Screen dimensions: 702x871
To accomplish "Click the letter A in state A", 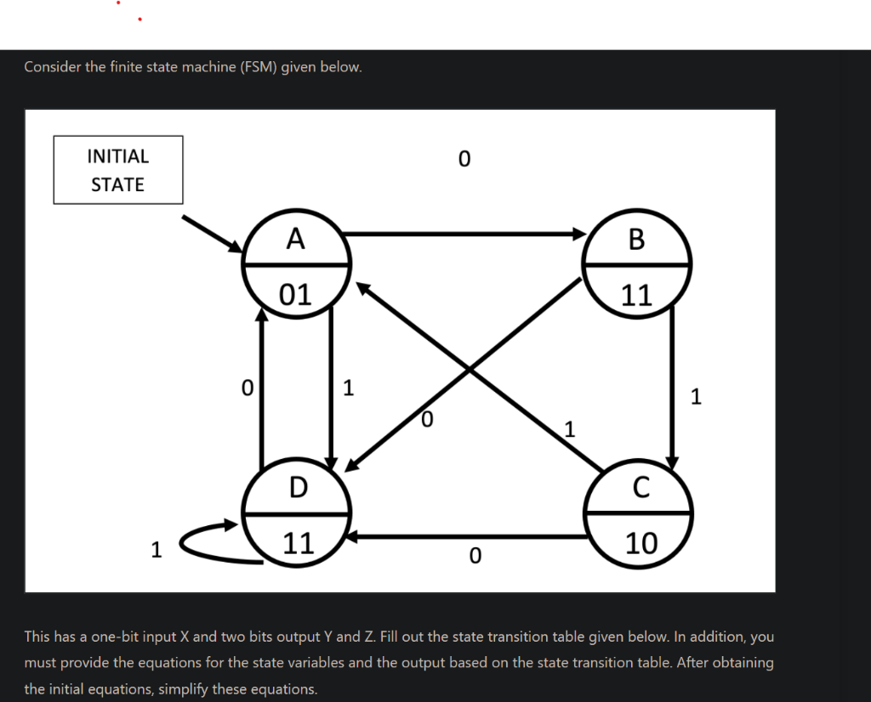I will [x=295, y=239].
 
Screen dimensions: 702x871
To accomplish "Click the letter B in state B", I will [x=636, y=240].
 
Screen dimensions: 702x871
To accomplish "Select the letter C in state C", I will [x=640, y=488].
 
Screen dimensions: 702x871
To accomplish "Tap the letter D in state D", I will [x=298, y=488].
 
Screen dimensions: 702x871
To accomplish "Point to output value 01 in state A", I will [x=296, y=294].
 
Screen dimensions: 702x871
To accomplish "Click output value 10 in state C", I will [x=640, y=542].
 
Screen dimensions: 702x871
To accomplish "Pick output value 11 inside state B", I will [x=636, y=295].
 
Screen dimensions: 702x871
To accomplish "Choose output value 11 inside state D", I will [x=298, y=542].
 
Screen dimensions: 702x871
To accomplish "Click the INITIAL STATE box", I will [x=118, y=170].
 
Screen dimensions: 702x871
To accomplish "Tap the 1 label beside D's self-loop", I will [x=156, y=550].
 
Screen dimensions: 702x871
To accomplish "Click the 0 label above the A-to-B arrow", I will [x=464, y=159].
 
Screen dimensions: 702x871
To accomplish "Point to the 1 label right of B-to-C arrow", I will [x=697, y=396].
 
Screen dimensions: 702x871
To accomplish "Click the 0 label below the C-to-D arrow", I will [x=475, y=556].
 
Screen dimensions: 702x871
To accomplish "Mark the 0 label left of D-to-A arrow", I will [x=247, y=388].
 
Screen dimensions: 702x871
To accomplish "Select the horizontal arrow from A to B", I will [x=464, y=233].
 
